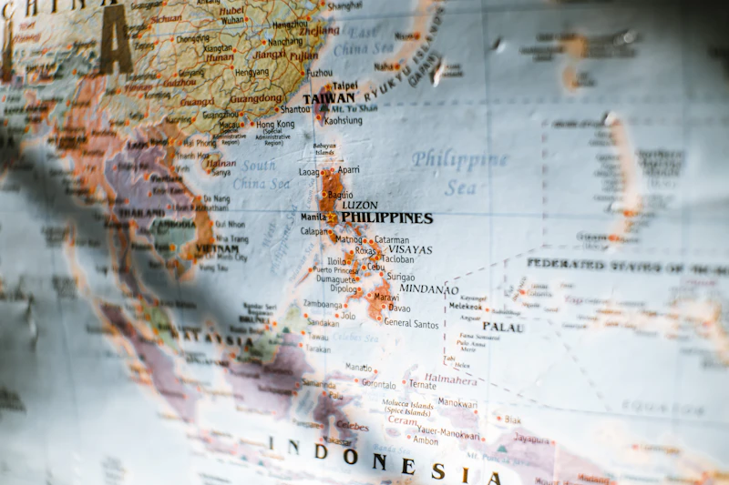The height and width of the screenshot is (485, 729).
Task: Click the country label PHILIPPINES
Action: [x=386, y=218]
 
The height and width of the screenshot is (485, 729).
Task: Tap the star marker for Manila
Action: [x=332, y=217]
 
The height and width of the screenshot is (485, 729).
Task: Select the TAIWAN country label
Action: [x=328, y=98]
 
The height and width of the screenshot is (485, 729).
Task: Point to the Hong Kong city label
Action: [x=274, y=125]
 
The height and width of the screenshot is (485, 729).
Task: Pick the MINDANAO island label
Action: [x=429, y=289]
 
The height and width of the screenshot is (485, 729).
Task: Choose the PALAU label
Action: [x=503, y=327]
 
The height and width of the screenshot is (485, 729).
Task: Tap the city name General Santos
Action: [x=411, y=323]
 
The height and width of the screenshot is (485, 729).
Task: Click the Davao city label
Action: [x=399, y=308]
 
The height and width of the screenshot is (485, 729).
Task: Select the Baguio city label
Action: [x=340, y=195]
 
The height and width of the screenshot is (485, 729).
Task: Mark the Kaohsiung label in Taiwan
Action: [x=343, y=120]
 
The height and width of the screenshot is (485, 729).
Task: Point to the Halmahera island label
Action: [x=450, y=379]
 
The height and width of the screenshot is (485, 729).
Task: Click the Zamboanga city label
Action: [x=323, y=304]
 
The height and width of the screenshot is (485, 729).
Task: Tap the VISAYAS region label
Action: [x=410, y=249]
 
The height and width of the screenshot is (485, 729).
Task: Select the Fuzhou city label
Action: [x=319, y=72]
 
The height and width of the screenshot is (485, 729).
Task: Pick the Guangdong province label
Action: [x=256, y=98]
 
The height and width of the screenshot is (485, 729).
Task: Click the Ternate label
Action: [x=421, y=385]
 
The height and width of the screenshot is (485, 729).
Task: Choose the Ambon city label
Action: [x=425, y=440]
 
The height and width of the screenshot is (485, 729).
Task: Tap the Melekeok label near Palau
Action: [x=465, y=307]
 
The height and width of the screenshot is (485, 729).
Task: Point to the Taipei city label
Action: [x=344, y=86]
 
